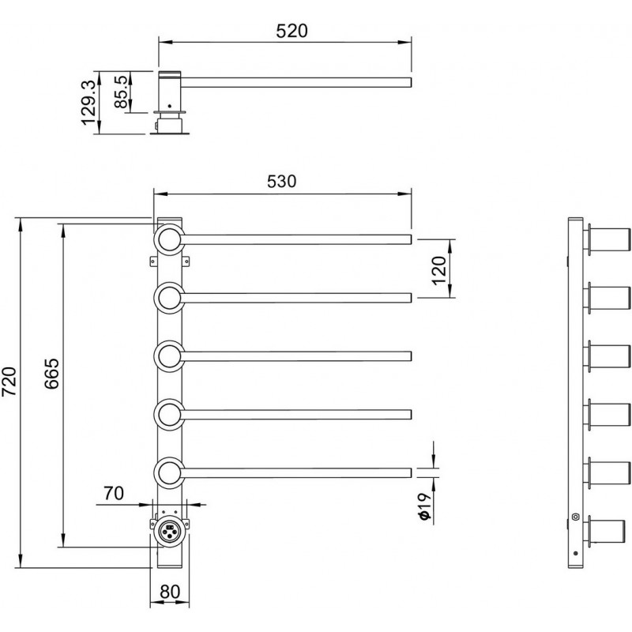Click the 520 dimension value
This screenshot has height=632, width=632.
tap(292, 31)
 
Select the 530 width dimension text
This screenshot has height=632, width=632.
tap(282, 182)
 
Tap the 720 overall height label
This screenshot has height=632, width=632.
tap(9, 381)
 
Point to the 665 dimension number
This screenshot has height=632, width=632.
tap(51, 373)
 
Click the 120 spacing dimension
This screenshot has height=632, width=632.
tap(440, 270)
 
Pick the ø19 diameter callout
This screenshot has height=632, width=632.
tap(424, 506)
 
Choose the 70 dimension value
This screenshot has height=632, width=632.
tap(114, 493)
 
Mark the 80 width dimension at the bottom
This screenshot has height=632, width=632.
tap(170, 592)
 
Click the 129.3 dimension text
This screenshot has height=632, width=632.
tap(88, 103)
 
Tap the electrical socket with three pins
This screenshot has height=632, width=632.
tap(169, 531)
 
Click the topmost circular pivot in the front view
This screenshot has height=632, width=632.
tap(169, 240)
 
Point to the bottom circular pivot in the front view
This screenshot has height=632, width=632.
tap(169, 472)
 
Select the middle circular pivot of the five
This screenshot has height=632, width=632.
tap(169, 356)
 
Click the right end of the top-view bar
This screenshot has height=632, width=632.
tap(411, 82)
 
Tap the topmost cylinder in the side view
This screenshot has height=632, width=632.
tap(608, 240)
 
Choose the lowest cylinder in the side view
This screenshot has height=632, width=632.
tap(606, 531)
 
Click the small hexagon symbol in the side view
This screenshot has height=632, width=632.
tap(575, 517)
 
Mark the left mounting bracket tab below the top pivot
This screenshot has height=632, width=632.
tap(152, 261)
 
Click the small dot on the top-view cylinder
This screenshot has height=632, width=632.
tap(170, 106)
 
